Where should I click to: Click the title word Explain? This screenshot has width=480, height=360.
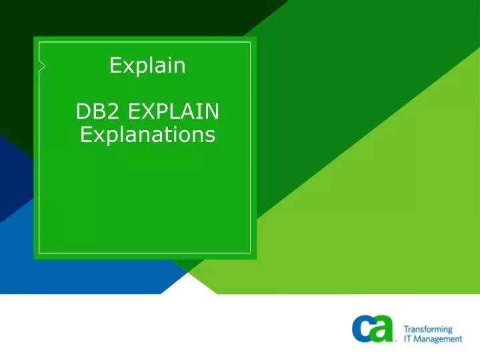tap(147, 65)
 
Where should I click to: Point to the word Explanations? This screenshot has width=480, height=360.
tap(147, 135)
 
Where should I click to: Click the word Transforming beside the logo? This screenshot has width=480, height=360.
tap(428, 329)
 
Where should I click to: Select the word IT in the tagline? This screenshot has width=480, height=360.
tap(408, 339)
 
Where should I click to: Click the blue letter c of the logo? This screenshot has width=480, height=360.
tap(363, 329)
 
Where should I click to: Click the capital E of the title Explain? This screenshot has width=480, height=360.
tap(115, 65)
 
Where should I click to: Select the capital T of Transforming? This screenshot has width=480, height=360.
tap(406, 329)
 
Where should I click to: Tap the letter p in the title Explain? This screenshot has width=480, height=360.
tap(137, 67)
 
